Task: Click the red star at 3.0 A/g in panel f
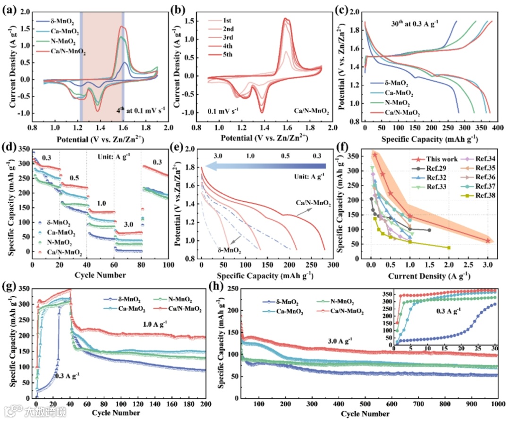pyautogui.click(x=488, y=240)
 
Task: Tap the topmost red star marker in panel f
pyautogui.click(x=375, y=155)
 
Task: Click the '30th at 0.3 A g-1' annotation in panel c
pyautogui.click(x=417, y=23)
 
